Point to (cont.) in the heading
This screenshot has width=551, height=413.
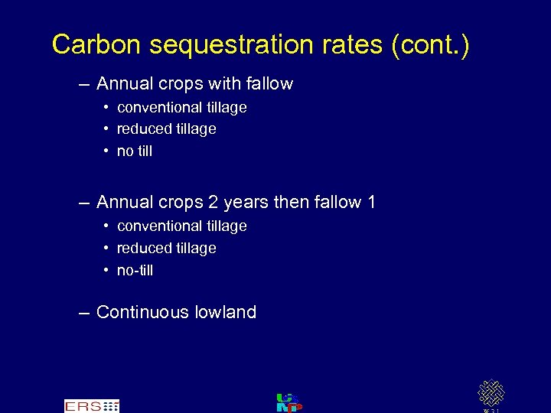coord(430,46)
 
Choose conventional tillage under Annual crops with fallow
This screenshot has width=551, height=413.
coord(181,108)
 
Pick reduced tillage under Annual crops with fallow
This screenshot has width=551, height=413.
coord(166,129)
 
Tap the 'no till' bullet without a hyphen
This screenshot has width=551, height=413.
coord(135,151)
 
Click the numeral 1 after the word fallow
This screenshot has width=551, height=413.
coord(371,203)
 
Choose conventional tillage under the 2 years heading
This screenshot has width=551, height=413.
coord(181,226)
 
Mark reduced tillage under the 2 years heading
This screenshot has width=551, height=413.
coord(166,249)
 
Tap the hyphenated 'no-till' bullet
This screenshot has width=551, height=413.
coord(135,271)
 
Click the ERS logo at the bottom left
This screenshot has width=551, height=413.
coord(91,406)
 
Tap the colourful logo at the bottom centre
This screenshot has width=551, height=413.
coord(289,402)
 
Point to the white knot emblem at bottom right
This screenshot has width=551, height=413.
coord(491,393)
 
